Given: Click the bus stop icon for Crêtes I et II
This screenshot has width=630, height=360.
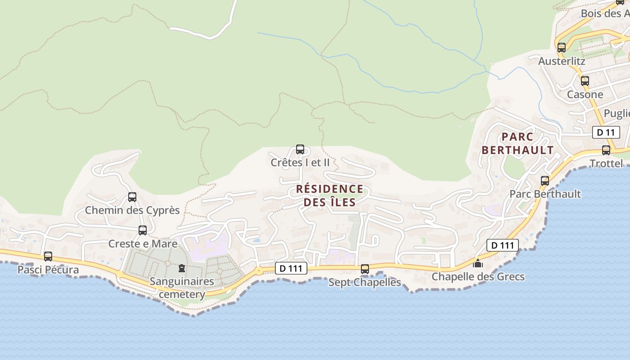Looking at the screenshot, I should [300, 149].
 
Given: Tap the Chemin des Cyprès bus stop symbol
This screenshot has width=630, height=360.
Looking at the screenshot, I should [132, 197].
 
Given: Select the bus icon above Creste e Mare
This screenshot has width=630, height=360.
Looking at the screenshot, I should [143, 230].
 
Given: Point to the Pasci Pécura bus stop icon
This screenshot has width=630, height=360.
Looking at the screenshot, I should [48, 256].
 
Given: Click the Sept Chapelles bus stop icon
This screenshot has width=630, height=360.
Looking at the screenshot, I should [365, 269].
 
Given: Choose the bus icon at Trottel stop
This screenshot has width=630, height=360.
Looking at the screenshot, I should [606, 150].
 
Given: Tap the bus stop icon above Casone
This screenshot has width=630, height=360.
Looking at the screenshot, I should [585, 81].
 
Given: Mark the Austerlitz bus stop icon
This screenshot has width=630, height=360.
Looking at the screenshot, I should [562, 48].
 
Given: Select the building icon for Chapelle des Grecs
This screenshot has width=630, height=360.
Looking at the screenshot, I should [478, 263].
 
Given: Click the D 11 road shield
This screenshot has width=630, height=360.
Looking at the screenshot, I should [606, 132].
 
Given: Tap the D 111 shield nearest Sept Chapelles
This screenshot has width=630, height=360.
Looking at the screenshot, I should [291, 269].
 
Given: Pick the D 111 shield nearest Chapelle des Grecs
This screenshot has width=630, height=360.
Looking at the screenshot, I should [503, 245].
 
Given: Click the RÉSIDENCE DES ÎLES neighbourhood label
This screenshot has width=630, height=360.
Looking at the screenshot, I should [330, 196].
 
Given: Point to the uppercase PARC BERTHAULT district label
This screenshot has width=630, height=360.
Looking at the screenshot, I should [517, 144].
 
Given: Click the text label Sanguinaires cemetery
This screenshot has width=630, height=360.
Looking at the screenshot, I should [182, 288].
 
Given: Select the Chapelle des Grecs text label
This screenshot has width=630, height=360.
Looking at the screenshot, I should [478, 276].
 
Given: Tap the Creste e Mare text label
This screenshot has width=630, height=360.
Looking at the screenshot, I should [143, 244].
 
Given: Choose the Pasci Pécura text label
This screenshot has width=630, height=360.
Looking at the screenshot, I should [48, 270].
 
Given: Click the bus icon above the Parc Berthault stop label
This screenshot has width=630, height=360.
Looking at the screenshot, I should [545, 181].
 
